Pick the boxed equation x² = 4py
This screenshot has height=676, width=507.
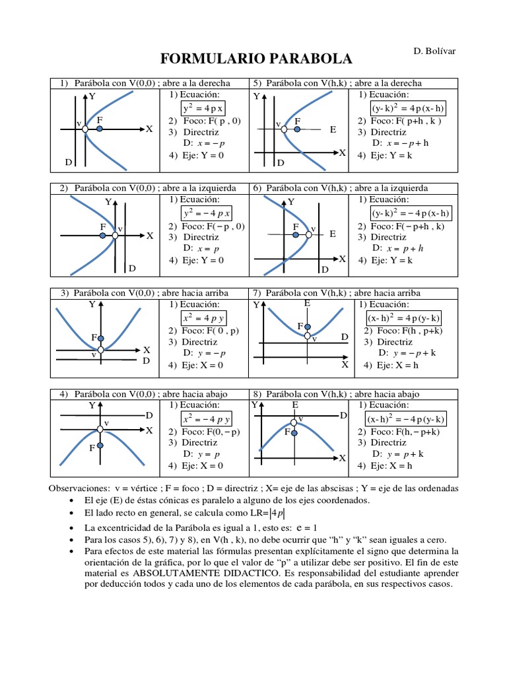click(x=206, y=318)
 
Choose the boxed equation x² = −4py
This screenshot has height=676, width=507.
click(x=206, y=419)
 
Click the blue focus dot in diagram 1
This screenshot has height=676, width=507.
click(x=99, y=129)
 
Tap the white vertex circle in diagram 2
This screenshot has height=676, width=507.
click(x=115, y=235)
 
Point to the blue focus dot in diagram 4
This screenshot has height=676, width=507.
click(x=100, y=446)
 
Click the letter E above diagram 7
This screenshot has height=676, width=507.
click(x=307, y=303)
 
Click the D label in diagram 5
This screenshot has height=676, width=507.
click(x=280, y=162)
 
